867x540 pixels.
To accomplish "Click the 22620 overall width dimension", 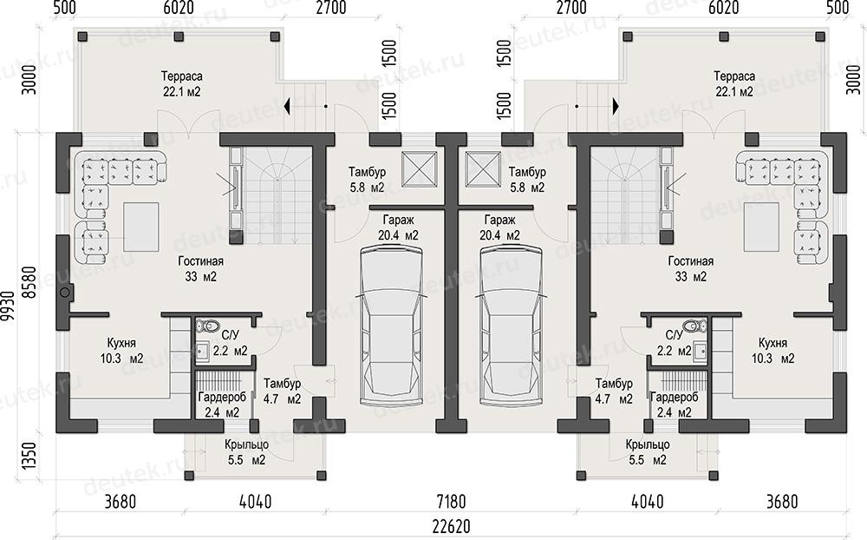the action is pyautogui.click(x=451, y=526).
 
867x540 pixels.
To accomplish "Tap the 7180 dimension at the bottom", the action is pyautogui.click(x=451, y=502).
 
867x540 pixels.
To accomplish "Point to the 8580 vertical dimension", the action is pyautogui.click(x=30, y=282).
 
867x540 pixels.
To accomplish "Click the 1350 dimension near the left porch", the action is pyautogui.click(x=30, y=456).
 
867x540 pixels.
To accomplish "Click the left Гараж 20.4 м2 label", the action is pyautogui.click(x=398, y=227).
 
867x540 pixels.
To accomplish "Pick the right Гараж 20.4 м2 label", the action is pyautogui.click(x=500, y=227).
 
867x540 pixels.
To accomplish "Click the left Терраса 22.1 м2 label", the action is pyautogui.click(x=182, y=83).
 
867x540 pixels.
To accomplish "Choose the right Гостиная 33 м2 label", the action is pyautogui.click(x=691, y=268).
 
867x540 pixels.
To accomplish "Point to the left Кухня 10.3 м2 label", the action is pyautogui.click(x=121, y=351).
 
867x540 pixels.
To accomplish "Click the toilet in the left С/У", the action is pyautogui.click(x=208, y=325).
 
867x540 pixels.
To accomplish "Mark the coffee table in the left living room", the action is pyautogui.click(x=141, y=227).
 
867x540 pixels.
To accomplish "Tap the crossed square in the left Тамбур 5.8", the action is pyautogui.click(x=420, y=169).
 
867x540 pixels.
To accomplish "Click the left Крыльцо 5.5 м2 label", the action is pyautogui.click(x=246, y=452).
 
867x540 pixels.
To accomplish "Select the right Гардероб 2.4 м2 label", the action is pyautogui.click(x=674, y=405).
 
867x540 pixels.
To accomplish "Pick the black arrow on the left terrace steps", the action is pyautogui.click(x=287, y=106).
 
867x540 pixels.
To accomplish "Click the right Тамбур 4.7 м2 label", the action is pyautogui.click(x=614, y=391).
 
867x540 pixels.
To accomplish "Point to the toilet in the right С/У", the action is pyautogui.click(x=694, y=325).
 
